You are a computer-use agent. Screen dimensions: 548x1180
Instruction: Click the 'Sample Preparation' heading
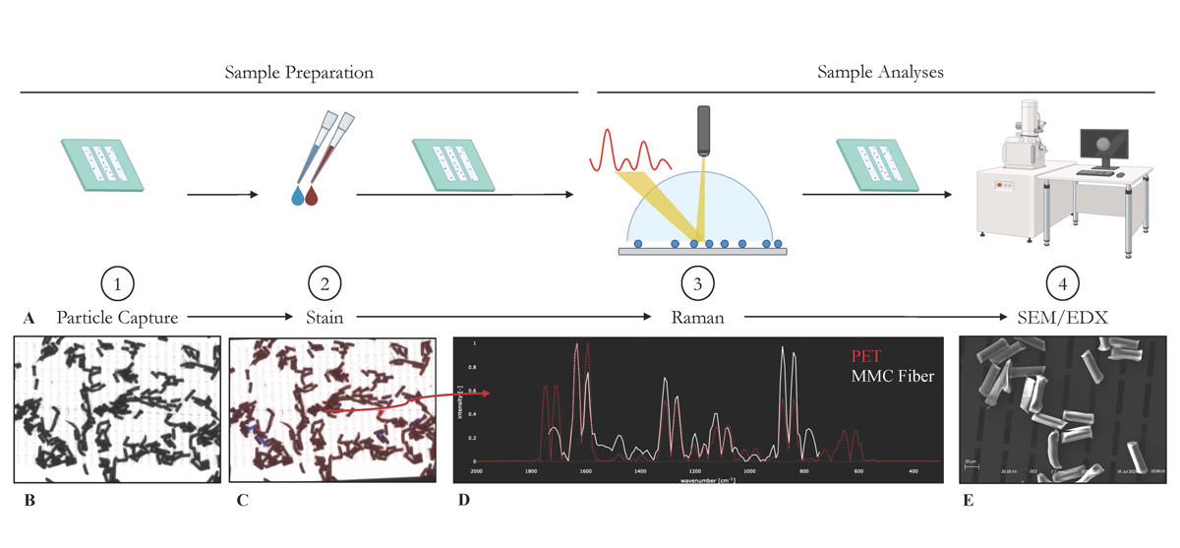tap(299, 73)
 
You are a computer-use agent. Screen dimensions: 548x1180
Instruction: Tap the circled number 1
tap(118, 285)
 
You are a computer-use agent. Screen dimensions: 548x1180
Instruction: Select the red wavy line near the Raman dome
tap(630, 157)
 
